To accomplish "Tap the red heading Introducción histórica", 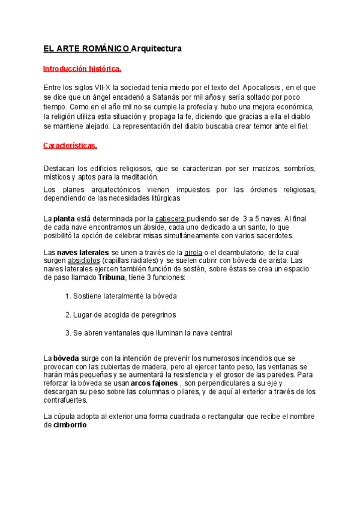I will pos(82,68).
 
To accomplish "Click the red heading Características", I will pos(70,145).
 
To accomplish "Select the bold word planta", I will pos(64,218).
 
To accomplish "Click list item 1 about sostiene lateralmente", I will pos(121,297).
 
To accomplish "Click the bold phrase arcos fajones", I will pos(154,383).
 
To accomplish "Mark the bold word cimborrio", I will pos(71,425).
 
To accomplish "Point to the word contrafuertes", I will pos(66,400).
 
